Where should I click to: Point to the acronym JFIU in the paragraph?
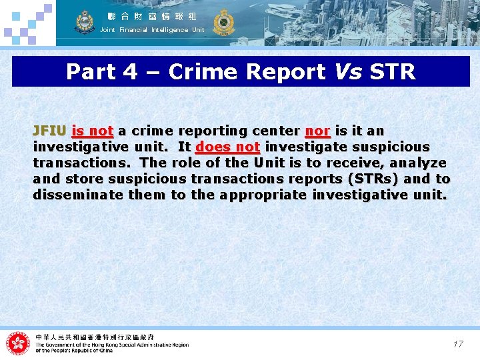[x=49, y=131]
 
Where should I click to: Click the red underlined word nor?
[x=318, y=131]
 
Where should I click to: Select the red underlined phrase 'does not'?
[x=227, y=147]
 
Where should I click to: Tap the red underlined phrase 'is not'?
[x=93, y=131]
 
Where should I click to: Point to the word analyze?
[x=418, y=163]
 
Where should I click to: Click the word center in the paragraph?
[x=275, y=131]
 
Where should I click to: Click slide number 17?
[x=458, y=344]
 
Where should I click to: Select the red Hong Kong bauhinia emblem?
[x=18, y=343]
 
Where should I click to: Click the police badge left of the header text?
[x=85, y=22]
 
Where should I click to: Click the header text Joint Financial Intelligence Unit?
[x=152, y=30]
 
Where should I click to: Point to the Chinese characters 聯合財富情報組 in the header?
[x=152, y=15]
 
